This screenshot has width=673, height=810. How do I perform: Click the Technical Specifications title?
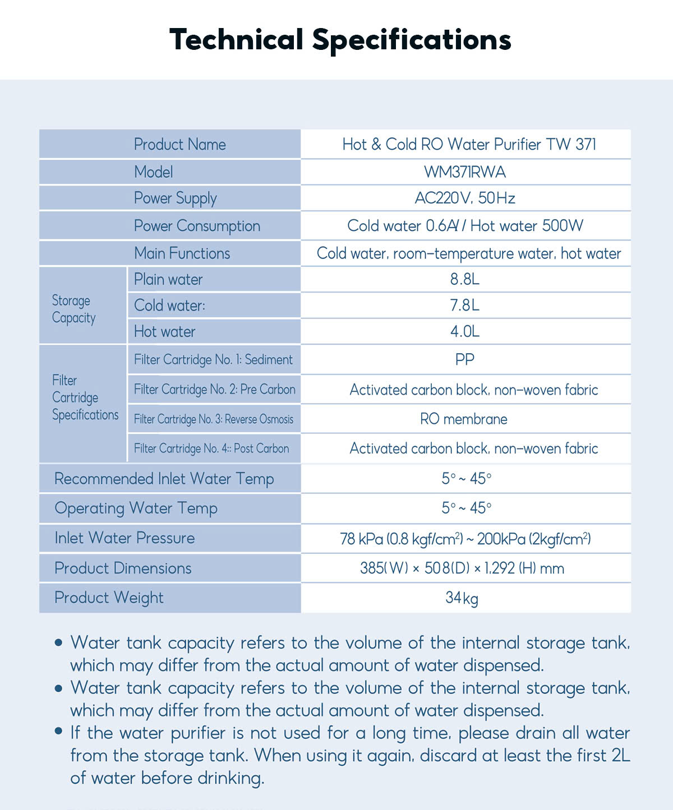[340, 40]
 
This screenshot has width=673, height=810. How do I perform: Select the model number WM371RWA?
[465, 172]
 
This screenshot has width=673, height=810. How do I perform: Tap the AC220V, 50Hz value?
[465, 198]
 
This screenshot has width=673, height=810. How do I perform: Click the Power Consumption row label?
[197, 226]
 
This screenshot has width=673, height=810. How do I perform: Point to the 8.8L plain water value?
[465, 279]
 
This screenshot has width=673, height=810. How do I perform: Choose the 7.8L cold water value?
[465, 306]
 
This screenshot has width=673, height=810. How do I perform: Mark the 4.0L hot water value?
[465, 331]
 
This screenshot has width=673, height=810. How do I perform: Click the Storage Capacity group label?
[73, 309]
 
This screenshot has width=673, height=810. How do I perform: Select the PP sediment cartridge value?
[465, 359]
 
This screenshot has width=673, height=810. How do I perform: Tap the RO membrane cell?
[464, 419]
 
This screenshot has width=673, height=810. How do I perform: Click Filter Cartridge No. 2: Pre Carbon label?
[214, 390]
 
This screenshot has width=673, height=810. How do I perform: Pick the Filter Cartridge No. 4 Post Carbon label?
[211, 448]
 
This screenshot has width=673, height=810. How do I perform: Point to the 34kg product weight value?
[462, 598]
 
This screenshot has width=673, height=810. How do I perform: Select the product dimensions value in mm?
[462, 568]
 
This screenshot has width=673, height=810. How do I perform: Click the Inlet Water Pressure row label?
[125, 538]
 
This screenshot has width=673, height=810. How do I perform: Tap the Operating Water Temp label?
[136, 508]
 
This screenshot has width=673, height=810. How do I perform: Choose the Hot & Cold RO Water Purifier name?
[469, 145]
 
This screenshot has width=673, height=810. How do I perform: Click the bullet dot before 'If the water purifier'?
[58, 731]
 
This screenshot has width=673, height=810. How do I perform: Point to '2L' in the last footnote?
[620, 756]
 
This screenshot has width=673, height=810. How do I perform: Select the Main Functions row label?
[182, 253]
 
